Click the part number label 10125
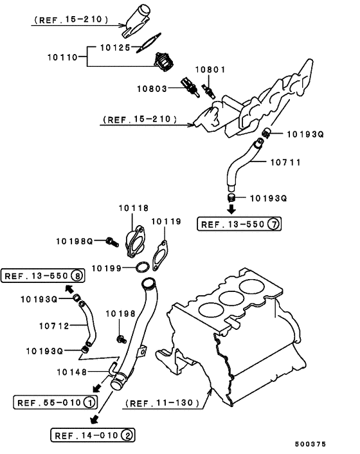[x=116, y=48]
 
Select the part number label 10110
[x=63, y=57]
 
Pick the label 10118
[x=133, y=208]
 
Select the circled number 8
[x=76, y=277]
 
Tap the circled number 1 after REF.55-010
[x=88, y=403]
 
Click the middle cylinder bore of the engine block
[x=230, y=298]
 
